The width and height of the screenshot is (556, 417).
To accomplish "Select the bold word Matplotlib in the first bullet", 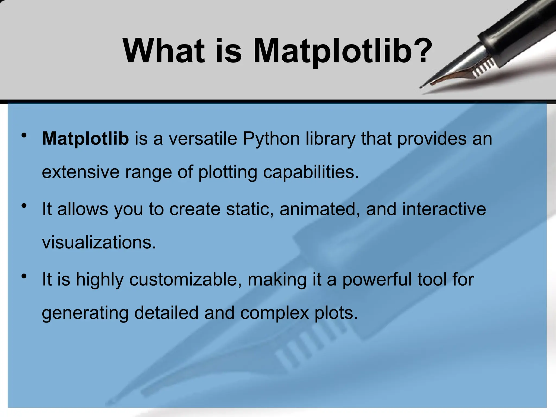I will tap(85, 139).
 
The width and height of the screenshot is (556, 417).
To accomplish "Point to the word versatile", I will tap(203, 139).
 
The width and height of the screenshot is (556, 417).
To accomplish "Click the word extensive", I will tap(80, 172).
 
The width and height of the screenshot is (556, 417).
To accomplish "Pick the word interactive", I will tap(444, 209).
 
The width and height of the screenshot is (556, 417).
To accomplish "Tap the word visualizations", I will tap(99, 242).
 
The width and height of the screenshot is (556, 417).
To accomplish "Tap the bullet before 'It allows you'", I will tap(24, 206).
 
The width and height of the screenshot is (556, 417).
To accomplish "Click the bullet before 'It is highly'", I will tap(24, 276).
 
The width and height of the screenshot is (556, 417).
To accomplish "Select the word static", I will tap(250, 209).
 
